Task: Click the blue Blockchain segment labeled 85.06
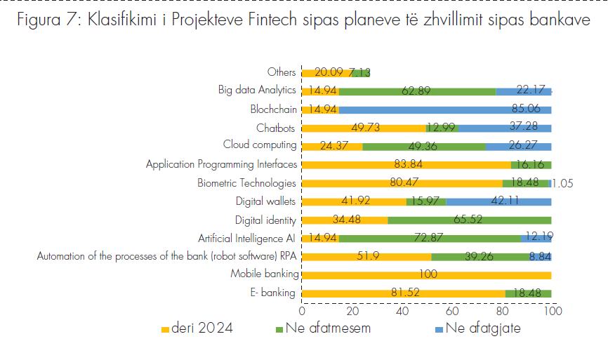(x=445, y=109)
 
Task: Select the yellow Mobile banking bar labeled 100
(x=426, y=274)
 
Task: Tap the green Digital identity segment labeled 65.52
(x=469, y=220)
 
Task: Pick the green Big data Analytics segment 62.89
(x=417, y=91)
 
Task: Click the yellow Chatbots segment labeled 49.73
(x=364, y=128)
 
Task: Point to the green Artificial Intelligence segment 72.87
(x=430, y=238)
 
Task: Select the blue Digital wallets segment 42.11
(x=498, y=201)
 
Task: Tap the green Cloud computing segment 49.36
(x=423, y=146)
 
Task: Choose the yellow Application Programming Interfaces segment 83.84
(x=406, y=164)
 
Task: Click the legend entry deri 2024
(x=197, y=328)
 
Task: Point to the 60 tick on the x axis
(x=451, y=310)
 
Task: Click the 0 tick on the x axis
(x=302, y=310)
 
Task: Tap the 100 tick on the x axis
(x=553, y=310)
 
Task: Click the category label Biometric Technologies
(x=247, y=183)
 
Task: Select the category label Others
(x=282, y=72)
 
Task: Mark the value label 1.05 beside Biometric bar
(x=563, y=183)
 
